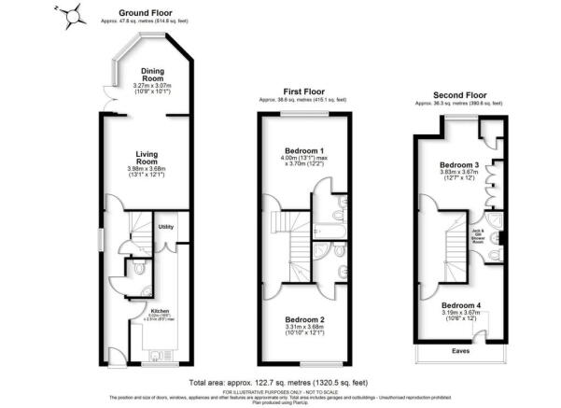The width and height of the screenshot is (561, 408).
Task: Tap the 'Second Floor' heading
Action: [461, 95]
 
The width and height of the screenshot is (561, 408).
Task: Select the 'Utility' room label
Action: [166, 227]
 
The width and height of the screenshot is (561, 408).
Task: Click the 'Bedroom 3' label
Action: [459, 165]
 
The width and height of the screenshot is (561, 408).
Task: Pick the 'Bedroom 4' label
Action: [460, 306]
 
